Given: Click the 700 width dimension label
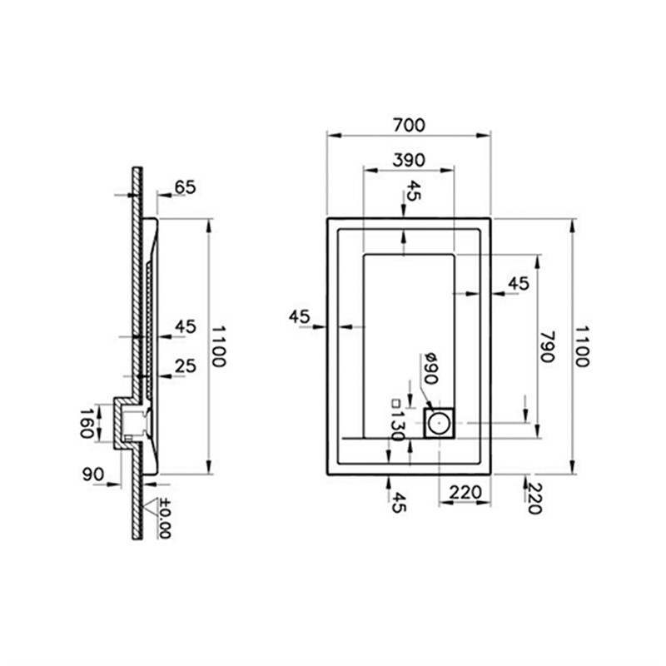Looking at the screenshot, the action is pyautogui.click(x=409, y=126).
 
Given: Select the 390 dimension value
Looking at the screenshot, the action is pyautogui.click(x=409, y=160).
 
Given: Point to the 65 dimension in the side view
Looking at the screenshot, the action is pyautogui.click(x=185, y=186).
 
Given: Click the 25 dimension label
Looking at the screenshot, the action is pyautogui.click(x=185, y=366).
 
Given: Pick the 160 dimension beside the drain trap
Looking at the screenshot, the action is pyautogui.click(x=87, y=423).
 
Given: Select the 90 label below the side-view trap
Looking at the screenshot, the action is pyautogui.click(x=93, y=475).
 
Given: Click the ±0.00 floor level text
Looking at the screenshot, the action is pyautogui.click(x=164, y=519).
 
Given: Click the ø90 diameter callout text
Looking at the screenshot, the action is pyautogui.click(x=430, y=368).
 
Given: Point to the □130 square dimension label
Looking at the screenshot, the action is pyautogui.click(x=397, y=420).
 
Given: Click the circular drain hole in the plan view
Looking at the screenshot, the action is pyautogui.click(x=438, y=423).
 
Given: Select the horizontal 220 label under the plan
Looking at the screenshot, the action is pyautogui.click(x=465, y=493).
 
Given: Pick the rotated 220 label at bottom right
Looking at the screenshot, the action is pyautogui.click(x=534, y=498).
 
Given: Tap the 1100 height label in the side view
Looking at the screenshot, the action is pyautogui.click(x=218, y=346).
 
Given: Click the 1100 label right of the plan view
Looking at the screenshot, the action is pyautogui.click(x=581, y=346).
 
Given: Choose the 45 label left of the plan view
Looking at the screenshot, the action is pyautogui.click(x=300, y=316).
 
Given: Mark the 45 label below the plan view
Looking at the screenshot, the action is pyautogui.click(x=398, y=502).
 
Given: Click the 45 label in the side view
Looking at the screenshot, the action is pyautogui.click(x=186, y=326).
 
